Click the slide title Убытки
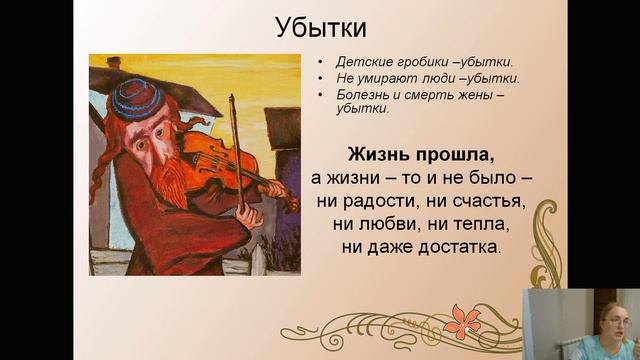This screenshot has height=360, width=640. pyautogui.click(x=319, y=28)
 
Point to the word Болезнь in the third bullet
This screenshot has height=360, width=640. pyautogui.click(x=351, y=94)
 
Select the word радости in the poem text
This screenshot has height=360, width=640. pyautogui.click(x=376, y=200)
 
